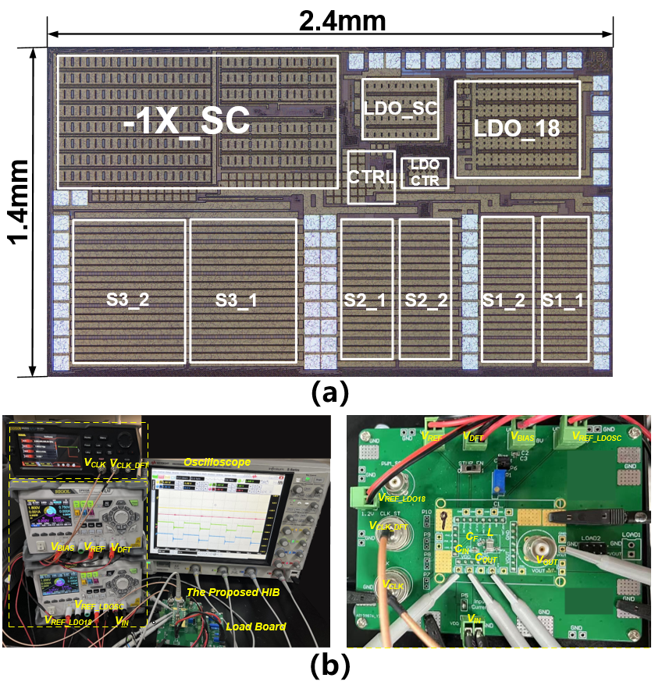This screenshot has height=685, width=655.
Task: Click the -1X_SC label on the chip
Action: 187,122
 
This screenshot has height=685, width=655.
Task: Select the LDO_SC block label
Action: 400,108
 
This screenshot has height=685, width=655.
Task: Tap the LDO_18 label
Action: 517,129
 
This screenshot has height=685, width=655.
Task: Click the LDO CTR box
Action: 425,173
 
